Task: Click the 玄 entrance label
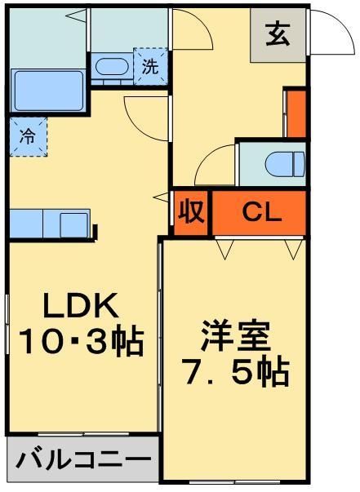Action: coord(278,35)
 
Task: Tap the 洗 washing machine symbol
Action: coord(150,67)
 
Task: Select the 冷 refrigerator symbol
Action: coord(27,137)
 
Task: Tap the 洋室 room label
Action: coord(235,337)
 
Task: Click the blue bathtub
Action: coord(47,87)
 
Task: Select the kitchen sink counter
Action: coord(51,224)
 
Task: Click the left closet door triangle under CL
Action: coord(224,248)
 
